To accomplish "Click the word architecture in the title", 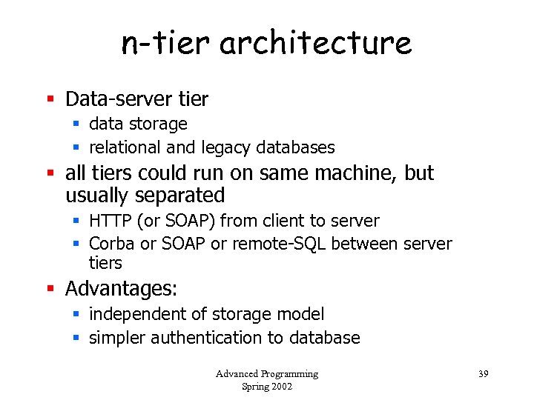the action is pyautogui.click(x=315, y=43).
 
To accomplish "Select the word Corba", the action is pyautogui.click(x=111, y=244).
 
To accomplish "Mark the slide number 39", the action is pyautogui.click(x=483, y=373).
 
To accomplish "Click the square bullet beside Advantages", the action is pyautogui.click(x=50, y=287).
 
